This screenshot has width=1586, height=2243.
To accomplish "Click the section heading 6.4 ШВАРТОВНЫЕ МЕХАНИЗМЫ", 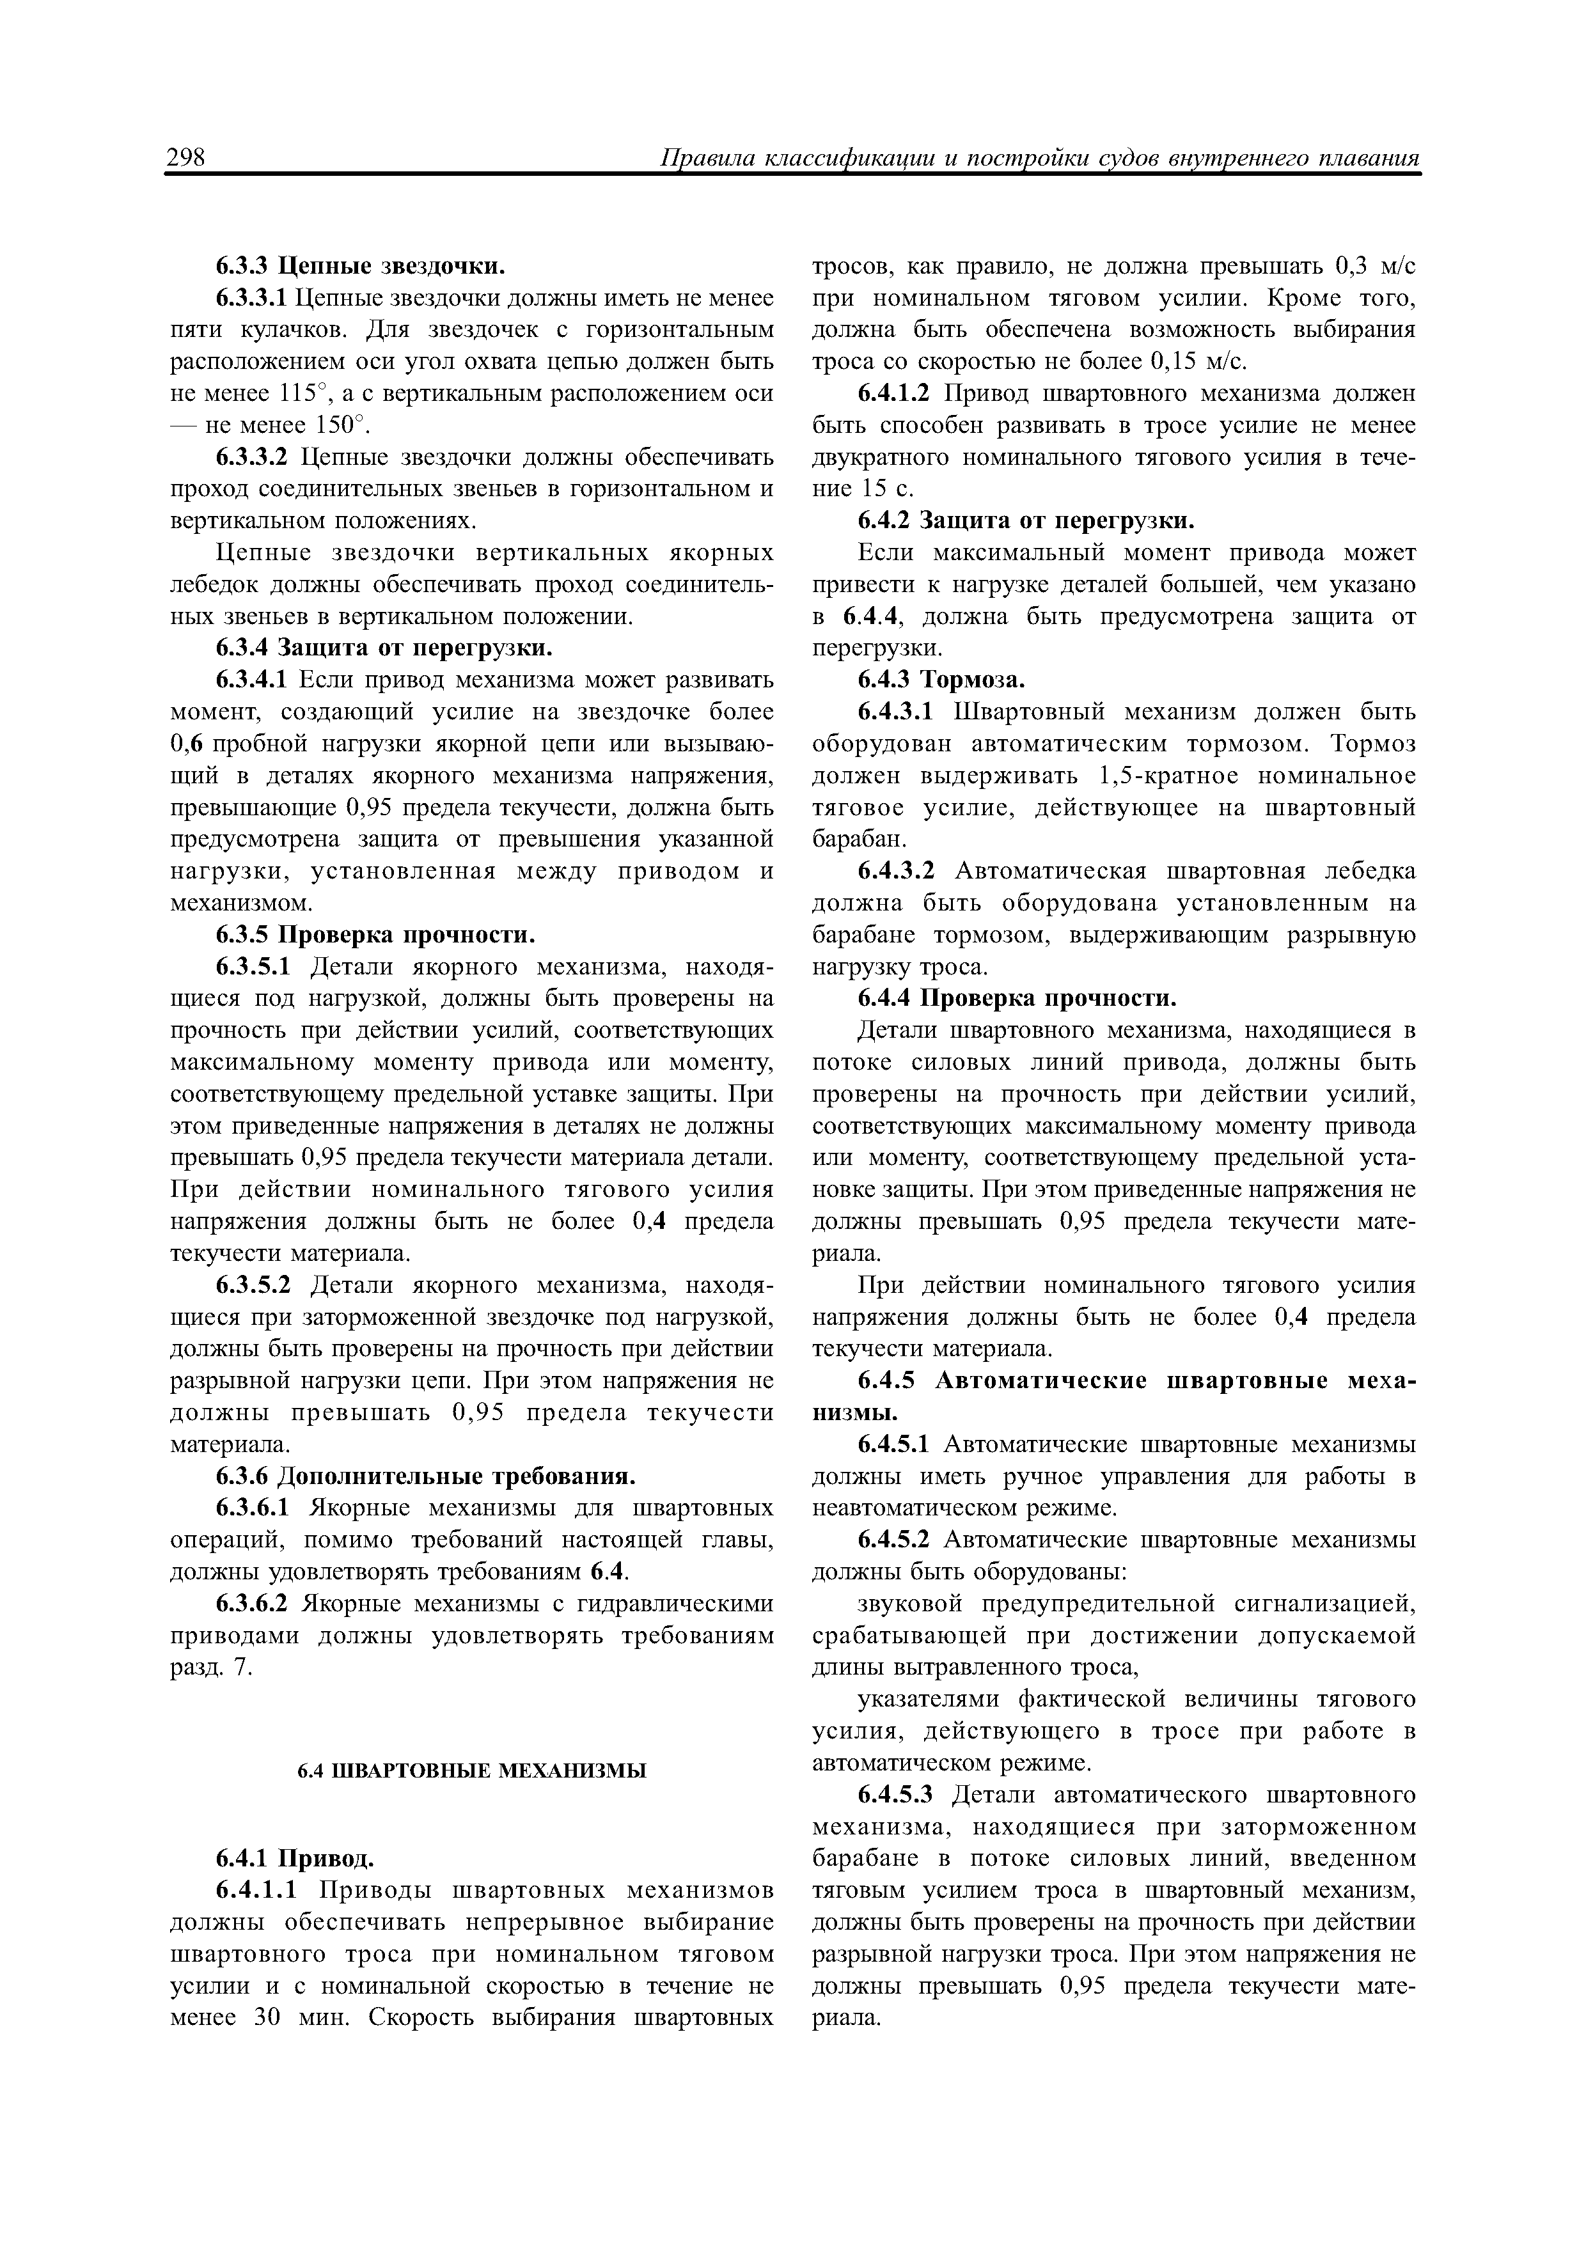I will [472, 1769].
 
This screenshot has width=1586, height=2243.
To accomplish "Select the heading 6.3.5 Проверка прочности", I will [375, 936].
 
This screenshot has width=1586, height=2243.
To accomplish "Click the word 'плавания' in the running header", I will [1368, 159].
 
